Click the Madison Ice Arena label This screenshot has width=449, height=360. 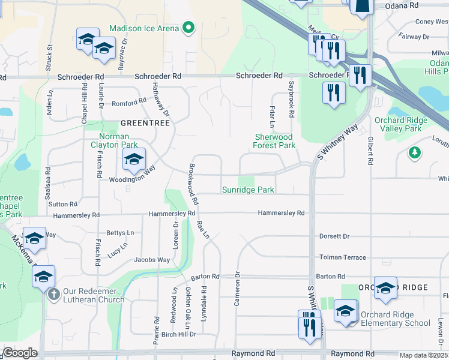coord(143,28)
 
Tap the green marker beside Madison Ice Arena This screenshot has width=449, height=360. coord(188,28)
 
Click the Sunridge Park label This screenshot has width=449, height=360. coord(248,190)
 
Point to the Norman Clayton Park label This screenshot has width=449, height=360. coord(114,140)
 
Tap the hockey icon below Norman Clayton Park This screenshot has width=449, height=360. coord(134,160)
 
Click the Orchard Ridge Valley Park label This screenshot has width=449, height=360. coord(401,124)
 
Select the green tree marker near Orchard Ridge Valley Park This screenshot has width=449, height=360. coord(414,153)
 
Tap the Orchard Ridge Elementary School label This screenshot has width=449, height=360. coord(396,319)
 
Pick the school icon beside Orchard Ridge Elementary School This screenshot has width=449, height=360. coord(346,312)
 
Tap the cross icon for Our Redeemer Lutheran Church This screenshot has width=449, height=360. coord(53,294)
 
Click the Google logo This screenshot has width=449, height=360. coord(20,353)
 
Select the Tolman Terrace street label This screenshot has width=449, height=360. coord(342,257)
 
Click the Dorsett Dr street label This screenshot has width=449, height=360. coord(334,236)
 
